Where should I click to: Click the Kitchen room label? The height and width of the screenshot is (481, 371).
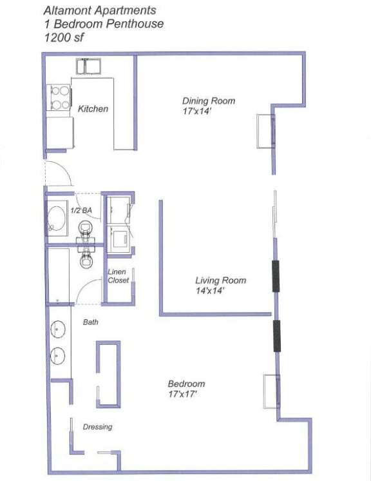click(x=93, y=109)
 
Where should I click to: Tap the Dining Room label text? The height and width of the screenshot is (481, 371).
click(x=208, y=101)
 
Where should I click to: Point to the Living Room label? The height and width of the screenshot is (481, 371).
click(x=220, y=280)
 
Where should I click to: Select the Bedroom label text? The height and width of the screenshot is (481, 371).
click(x=186, y=384)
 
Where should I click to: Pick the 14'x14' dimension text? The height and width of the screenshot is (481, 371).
click(x=209, y=291)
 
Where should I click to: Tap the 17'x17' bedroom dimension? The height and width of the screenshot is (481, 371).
click(x=182, y=394)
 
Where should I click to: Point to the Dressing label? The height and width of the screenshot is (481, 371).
click(x=97, y=427)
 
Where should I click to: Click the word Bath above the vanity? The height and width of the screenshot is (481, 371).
click(x=91, y=322)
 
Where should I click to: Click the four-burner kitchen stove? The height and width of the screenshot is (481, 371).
click(x=59, y=98)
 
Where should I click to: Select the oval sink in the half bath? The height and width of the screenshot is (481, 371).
click(x=57, y=220)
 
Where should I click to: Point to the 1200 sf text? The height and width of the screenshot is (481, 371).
click(x=63, y=38)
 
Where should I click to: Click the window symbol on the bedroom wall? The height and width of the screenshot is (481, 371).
click(x=271, y=391)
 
